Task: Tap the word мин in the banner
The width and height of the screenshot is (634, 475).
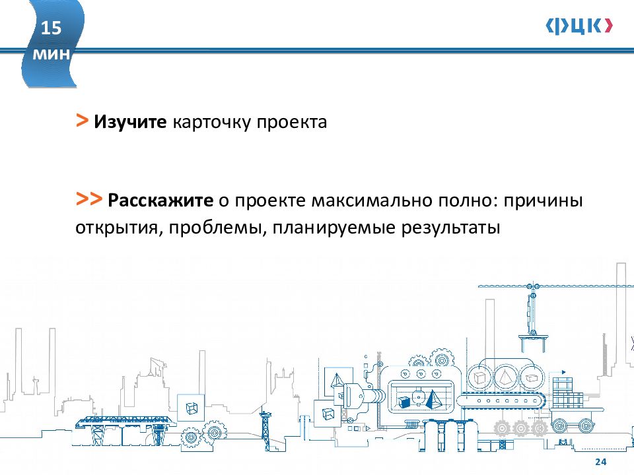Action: coord(51,54)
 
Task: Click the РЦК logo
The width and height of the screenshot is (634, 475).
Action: coord(579,26)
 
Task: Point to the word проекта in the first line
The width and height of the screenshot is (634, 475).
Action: coord(292,123)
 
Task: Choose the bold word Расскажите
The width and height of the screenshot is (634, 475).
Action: coord(160,201)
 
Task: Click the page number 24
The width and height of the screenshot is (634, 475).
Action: coord(600,462)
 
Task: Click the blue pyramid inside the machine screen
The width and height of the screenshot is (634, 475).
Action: coord(433,399)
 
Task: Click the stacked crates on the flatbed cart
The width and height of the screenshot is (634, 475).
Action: coord(565,395)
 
